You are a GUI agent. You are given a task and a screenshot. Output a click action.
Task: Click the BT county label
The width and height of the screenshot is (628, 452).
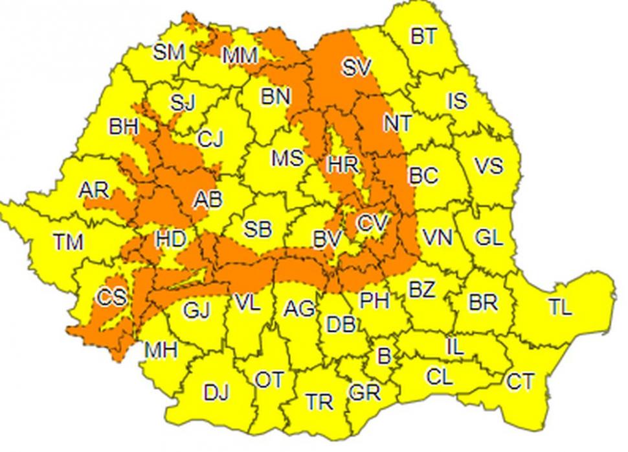point(423,36)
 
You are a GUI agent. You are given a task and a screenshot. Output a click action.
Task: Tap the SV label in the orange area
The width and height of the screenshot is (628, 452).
point(355,67)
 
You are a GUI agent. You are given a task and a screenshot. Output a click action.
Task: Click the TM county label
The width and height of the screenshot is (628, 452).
point(68,242)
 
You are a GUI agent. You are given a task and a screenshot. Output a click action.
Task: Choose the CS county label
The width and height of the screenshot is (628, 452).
point(112,298)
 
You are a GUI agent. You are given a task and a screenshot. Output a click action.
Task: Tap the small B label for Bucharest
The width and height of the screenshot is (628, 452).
point(384,355)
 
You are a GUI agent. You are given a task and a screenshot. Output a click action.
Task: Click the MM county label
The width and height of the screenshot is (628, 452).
point(240,56)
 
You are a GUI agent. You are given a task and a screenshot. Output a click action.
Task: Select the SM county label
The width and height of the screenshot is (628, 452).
point(168,52)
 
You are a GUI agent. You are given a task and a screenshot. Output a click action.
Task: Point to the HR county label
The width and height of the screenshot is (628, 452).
point(342,165)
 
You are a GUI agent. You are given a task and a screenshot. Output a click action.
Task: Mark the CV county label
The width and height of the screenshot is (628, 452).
point(372,223)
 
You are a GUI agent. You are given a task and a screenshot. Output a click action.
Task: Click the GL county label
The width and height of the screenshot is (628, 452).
point(488,237)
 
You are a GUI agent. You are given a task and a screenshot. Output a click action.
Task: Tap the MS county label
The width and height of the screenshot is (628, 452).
point(287,158)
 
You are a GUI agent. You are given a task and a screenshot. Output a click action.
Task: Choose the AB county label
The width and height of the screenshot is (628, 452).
point(208,200)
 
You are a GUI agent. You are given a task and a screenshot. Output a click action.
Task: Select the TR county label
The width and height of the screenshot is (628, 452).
point(320,402)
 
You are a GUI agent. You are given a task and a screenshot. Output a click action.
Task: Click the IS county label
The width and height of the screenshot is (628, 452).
point(457,101)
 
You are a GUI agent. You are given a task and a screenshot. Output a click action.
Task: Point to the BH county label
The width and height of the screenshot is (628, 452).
point(124,126)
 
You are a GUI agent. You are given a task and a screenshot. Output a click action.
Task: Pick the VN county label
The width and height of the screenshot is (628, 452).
point(437,237)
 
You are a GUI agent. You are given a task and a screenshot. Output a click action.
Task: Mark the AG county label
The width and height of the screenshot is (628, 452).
point(298,308)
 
